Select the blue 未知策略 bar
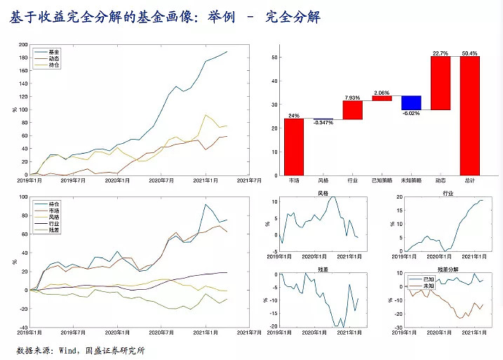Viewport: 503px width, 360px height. point(411,102)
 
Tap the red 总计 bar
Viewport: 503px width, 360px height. point(469,116)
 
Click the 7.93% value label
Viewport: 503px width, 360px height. point(352,97)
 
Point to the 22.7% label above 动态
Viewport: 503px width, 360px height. point(441,53)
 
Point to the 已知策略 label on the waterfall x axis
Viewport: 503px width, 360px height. point(382,180)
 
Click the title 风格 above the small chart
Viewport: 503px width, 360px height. point(323,192)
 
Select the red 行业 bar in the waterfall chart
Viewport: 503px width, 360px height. point(352,110)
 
